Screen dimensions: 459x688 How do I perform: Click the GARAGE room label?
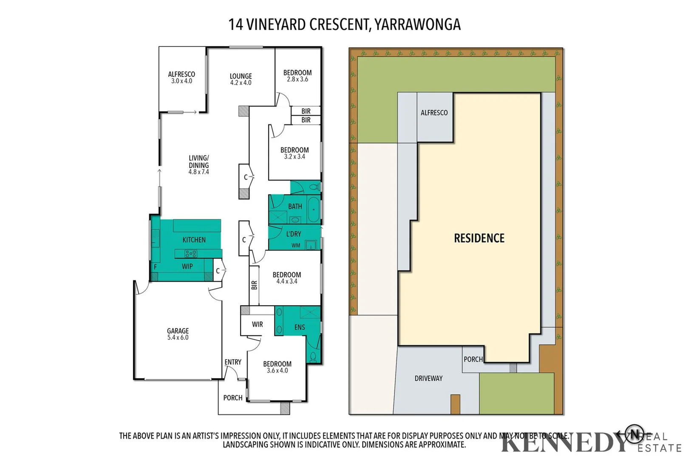pyautogui.click(x=178, y=331)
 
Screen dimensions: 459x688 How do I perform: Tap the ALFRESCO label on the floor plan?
pyautogui.click(x=181, y=74)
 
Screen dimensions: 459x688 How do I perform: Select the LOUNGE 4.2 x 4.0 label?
pyautogui.click(x=241, y=79)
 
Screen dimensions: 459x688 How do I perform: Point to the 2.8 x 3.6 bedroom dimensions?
pyautogui.click(x=297, y=79)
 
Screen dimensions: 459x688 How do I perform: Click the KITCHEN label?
pyautogui.click(x=194, y=240)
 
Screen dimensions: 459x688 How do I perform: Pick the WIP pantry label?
pyautogui.click(x=187, y=266)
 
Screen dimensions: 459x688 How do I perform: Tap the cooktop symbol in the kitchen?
pyautogui.click(x=191, y=254)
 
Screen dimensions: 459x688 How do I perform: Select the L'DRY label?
pyautogui.click(x=293, y=234)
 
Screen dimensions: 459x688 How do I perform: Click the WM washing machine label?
pyautogui.click(x=296, y=245)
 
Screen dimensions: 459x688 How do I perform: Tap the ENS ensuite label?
pyautogui.click(x=300, y=327)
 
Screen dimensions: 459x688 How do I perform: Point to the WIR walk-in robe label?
pyautogui.click(x=257, y=324)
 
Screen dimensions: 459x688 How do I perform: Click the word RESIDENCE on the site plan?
pyautogui.click(x=479, y=238)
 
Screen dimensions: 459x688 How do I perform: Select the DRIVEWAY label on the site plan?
pyautogui.click(x=428, y=378)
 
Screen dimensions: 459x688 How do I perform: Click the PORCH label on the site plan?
pyautogui.click(x=473, y=359)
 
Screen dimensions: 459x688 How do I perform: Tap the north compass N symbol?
pyautogui.click(x=634, y=433)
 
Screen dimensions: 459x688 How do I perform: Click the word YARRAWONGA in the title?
pyautogui.click(x=418, y=25)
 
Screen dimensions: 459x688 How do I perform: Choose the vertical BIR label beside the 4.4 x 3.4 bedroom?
pyautogui.click(x=254, y=285)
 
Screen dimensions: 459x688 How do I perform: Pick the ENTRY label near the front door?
pyautogui.click(x=233, y=362)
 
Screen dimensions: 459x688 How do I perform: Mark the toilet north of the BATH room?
pyautogui.click(x=314, y=187)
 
